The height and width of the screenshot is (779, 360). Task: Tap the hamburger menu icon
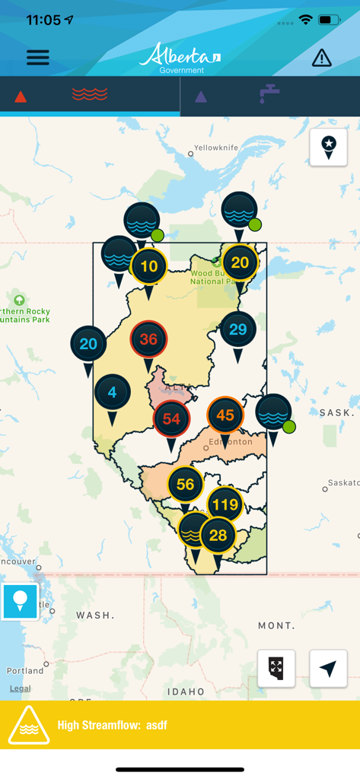[38, 57]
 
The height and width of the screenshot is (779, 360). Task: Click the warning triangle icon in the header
[322, 58]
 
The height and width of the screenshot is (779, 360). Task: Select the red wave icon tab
[90, 95]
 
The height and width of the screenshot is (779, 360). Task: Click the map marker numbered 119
[225, 504]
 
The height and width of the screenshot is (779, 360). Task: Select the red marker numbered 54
[171, 418]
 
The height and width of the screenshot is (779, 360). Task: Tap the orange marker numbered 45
[225, 415]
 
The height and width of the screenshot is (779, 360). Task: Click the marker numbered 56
[185, 485]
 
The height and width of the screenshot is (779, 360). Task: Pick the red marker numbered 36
[148, 339]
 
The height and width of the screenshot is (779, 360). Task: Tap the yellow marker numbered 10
[149, 266]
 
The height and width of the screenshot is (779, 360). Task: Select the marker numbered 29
[238, 329]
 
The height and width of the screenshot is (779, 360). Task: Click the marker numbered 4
[113, 393]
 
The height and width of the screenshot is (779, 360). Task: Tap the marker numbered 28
[218, 536]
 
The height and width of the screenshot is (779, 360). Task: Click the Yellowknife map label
[217, 148]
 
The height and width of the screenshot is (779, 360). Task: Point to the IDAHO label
[186, 692]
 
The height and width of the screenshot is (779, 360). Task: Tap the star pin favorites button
[329, 146]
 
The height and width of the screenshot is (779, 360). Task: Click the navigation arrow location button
[328, 669]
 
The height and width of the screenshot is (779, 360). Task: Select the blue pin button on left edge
[20, 601]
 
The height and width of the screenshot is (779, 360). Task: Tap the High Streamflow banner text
[112, 725]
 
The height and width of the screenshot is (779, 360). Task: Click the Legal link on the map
[21, 688]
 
